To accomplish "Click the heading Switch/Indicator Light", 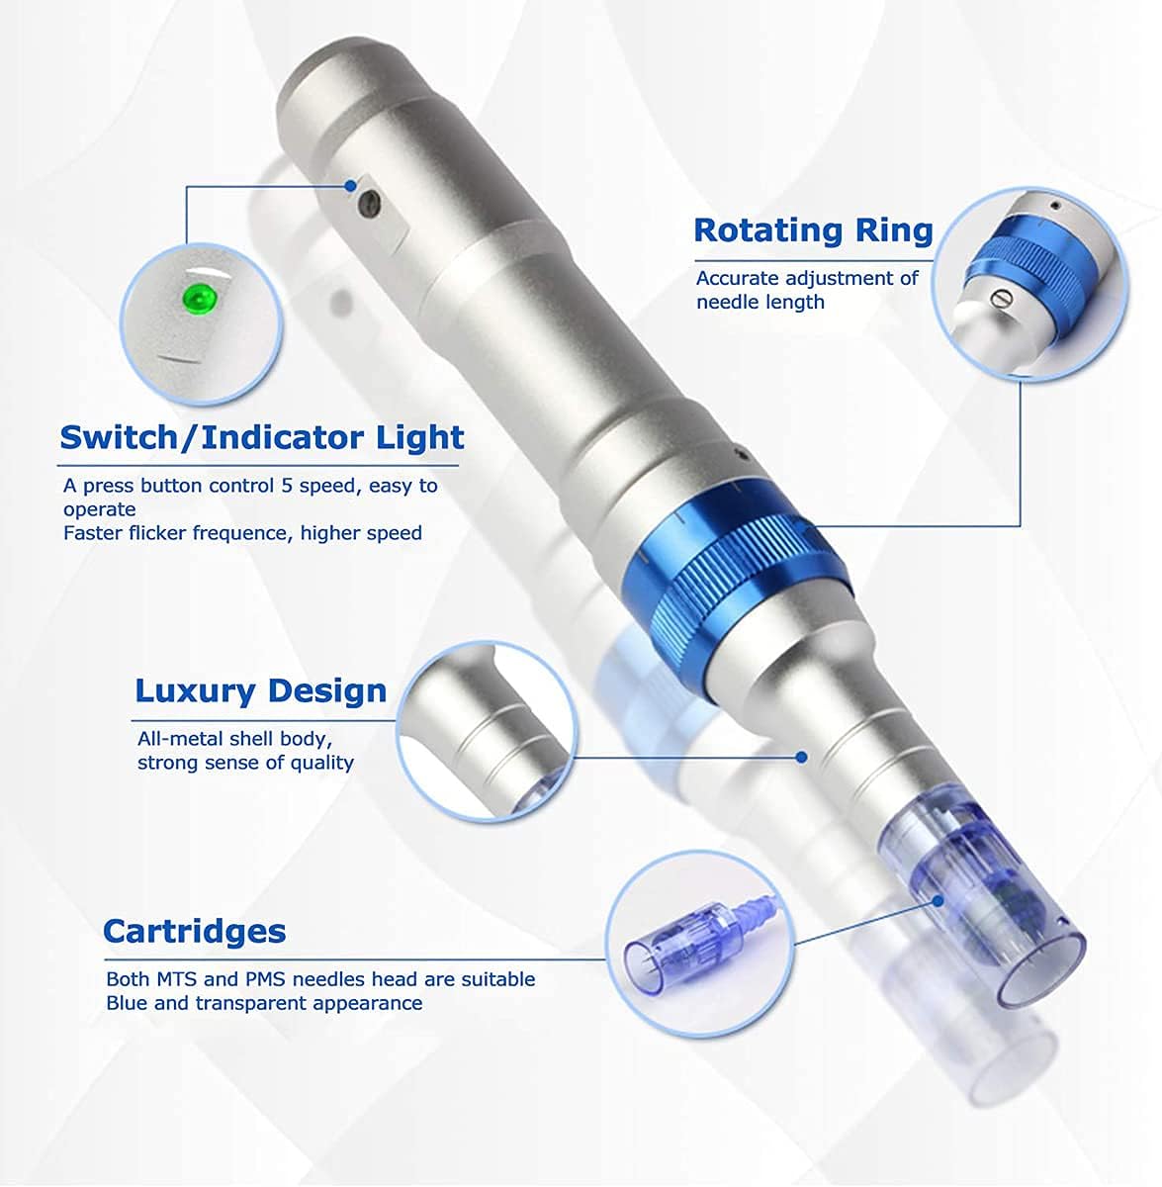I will [x=261, y=437].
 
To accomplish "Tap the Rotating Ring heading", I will [x=813, y=229].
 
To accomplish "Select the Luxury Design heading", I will [x=260, y=690].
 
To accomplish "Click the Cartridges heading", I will [x=194, y=931].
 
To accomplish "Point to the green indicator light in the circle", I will [x=198, y=297].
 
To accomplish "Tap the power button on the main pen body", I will [x=370, y=203].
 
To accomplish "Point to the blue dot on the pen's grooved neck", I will [x=801, y=757].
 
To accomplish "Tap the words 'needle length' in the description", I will [x=760, y=303].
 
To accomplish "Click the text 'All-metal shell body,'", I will [x=234, y=739].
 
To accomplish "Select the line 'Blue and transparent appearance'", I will [x=264, y=1003].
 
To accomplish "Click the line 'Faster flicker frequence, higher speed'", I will [x=242, y=533].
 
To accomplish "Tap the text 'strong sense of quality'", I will [x=245, y=763].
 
